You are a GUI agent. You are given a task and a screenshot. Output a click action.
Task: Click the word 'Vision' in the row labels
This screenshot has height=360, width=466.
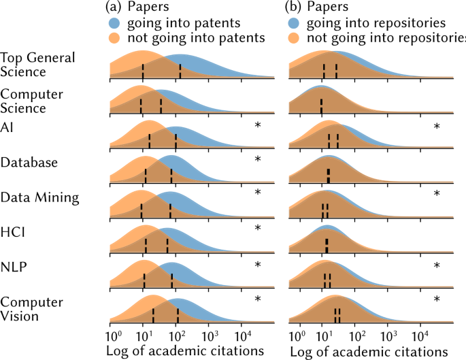[x=20, y=315]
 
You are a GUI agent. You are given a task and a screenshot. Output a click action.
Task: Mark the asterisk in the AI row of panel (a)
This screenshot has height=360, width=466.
[x=257, y=125]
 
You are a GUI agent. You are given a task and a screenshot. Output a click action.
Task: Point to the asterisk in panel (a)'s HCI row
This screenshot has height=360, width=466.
[x=257, y=228]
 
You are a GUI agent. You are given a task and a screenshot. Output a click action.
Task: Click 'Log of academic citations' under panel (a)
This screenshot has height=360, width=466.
[x=185, y=352]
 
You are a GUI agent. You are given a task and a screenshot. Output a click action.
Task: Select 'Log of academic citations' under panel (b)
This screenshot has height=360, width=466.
[x=368, y=352]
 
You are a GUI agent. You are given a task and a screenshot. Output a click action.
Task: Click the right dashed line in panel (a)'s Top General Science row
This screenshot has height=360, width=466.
[x=180, y=71]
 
